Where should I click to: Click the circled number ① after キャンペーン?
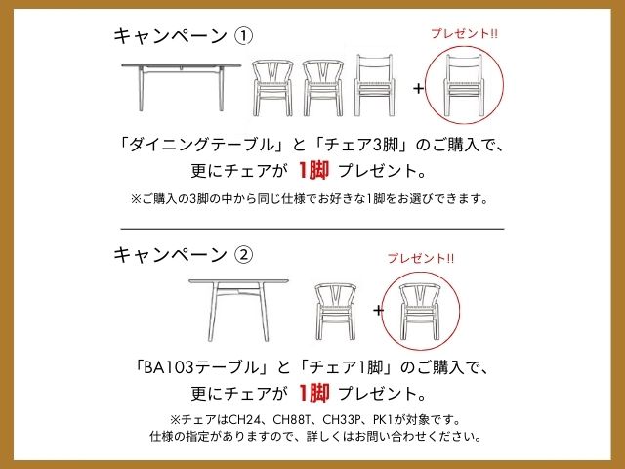tap(244, 36)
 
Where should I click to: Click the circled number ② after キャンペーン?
tap(244, 255)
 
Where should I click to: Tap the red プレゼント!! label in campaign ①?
tap(464, 33)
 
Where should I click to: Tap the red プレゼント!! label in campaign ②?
tap(421, 258)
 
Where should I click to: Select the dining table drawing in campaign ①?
tap(182, 87)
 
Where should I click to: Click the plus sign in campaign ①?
tap(418, 88)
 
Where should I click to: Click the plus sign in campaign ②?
tap(378, 310)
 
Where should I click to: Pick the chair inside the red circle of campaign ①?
tap(465, 85)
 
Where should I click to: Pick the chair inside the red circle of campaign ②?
tap(420, 312)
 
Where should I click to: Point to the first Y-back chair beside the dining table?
tap(272, 88)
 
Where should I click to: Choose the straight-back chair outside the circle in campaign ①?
tap(374, 85)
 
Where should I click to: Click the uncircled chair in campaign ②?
tap(336, 312)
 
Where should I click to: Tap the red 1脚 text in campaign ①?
tap(313, 171)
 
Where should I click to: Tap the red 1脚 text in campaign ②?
tap(313, 393)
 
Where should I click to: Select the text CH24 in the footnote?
tap(245, 420)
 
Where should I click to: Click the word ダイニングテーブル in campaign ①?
tap(202, 146)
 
